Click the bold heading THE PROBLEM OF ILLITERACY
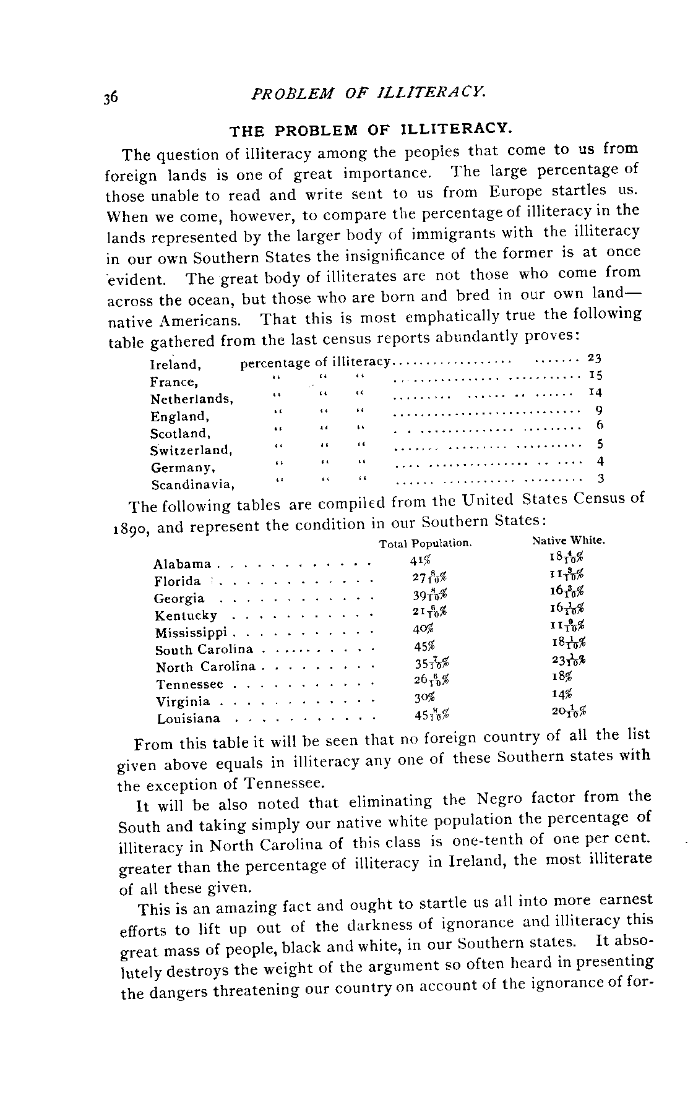371,131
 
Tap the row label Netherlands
192,400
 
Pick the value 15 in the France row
595,375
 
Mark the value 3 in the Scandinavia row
600,478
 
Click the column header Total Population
425,544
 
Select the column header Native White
568,541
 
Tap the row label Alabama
182,564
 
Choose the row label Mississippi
191,633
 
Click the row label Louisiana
188,719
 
